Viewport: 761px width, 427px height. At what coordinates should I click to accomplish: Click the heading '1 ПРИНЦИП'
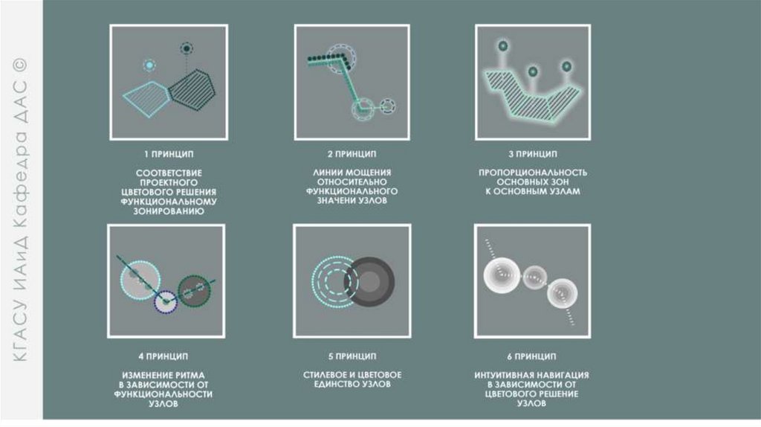click(169, 154)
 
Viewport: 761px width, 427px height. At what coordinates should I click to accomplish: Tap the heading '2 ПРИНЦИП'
click(352, 154)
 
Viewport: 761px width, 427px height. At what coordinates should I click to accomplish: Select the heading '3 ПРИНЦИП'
click(533, 154)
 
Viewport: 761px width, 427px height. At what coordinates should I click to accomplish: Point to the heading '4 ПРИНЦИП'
click(163, 356)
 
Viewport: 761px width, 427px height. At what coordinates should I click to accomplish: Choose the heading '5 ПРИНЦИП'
click(352, 356)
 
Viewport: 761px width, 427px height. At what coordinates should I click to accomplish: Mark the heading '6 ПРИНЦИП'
click(532, 356)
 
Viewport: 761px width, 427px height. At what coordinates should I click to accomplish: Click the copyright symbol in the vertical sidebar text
click(20, 64)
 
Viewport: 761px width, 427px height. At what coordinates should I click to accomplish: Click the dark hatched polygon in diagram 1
click(192, 89)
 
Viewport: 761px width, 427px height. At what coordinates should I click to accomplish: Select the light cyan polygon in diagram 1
click(146, 99)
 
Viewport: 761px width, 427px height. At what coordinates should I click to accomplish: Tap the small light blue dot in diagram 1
click(149, 65)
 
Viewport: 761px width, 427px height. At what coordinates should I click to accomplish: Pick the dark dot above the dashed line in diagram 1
click(187, 48)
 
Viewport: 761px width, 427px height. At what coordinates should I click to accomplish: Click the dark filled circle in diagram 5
click(370, 282)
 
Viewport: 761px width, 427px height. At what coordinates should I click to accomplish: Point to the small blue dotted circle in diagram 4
click(166, 302)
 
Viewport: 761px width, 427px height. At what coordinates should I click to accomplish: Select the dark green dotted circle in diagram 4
click(194, 292)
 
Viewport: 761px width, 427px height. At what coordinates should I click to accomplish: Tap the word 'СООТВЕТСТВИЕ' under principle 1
click(169, 173)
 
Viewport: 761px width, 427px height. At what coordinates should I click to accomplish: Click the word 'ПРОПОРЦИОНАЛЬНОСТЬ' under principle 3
click(533, 173)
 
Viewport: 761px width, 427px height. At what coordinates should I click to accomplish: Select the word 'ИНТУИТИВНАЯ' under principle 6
click(499, 375)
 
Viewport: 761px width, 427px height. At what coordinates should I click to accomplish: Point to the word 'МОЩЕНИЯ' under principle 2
click(373, 173)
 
